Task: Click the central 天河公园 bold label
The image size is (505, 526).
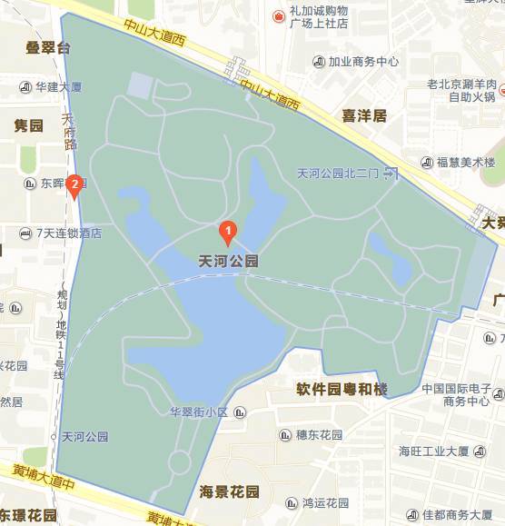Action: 229,261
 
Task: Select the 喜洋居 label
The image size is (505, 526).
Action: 364,115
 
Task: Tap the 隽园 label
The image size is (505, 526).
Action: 28,125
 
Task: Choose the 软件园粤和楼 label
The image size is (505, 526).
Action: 342,390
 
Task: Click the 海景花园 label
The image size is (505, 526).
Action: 229,492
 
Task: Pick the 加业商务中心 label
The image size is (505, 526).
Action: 363,62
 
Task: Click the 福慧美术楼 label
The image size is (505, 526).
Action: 465,162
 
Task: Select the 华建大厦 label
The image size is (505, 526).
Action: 59,87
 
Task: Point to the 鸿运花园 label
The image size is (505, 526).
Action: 325,502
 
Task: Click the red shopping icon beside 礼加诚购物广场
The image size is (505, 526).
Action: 279,16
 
